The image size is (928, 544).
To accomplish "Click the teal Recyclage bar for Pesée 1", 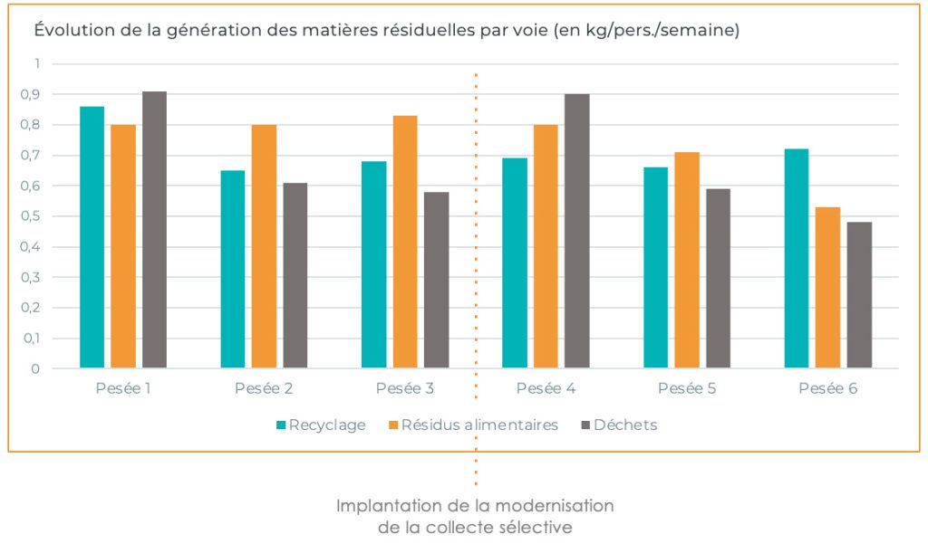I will point(92,237).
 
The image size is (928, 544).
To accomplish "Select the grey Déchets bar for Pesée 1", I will point(154,230).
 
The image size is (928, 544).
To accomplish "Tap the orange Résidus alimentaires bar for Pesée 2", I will point(264,246).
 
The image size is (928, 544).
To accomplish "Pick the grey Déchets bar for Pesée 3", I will point(436,280).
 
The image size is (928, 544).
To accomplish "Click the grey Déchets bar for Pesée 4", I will point(577,231).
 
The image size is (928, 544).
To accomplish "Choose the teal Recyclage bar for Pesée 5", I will point(655,268).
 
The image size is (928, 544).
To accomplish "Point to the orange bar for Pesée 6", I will point(827,288).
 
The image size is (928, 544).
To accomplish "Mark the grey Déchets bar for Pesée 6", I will point(859,295).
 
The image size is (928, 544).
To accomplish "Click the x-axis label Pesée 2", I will point(264,389).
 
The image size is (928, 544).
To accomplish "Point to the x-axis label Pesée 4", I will point(546,389).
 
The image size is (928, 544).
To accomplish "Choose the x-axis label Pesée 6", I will point(827,389).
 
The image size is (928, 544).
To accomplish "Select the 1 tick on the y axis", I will point(37,63).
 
